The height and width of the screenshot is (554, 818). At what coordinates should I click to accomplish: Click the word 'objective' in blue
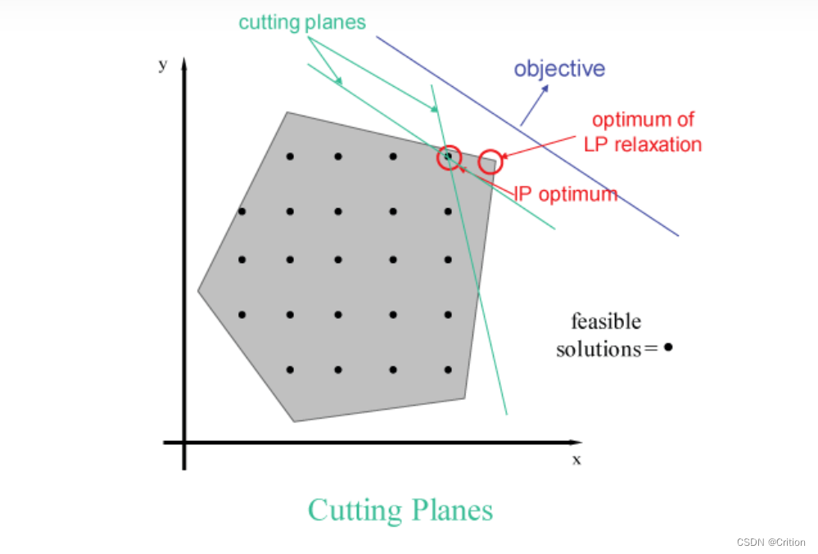point(559,68)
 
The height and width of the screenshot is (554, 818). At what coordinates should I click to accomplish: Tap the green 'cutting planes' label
point(302,22)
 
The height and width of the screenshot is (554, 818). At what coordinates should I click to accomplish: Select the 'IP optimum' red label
point(566,194)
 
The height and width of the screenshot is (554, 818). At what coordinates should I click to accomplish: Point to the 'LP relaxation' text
point(643,144)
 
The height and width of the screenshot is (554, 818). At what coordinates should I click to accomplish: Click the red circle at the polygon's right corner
point(490,161)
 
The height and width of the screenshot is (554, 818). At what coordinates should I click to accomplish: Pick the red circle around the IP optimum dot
point(449,156)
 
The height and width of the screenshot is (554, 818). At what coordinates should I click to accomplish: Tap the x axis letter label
point(576,460)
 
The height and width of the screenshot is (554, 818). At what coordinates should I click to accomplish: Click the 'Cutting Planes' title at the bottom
point(400,510)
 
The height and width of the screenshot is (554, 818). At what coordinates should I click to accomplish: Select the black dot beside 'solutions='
point(668,347)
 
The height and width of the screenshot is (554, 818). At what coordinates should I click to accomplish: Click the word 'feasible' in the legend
point(606,321)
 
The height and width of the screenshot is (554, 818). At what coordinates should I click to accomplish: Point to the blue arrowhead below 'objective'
point(545,91)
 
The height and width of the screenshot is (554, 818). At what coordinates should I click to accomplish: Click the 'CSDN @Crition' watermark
point(771,543)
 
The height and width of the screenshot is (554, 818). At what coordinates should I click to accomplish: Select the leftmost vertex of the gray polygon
point(198,290)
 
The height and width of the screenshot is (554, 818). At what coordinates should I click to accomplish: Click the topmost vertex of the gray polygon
point(287,112)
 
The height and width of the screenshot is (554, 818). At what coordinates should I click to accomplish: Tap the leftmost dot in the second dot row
point(242,211)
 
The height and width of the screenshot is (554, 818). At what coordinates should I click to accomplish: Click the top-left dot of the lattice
point(290,156)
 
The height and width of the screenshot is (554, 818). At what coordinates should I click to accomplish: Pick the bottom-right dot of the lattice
point(448,370)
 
